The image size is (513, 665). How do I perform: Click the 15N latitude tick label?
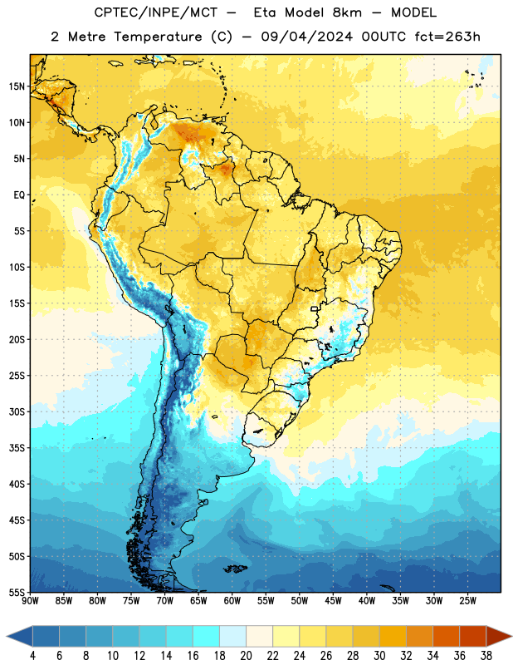(x=17, y=86)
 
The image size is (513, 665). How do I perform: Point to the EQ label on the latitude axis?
(x=19, y=195)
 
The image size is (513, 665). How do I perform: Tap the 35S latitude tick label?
(x=17, y=448)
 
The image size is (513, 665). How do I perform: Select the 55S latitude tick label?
(x=17, y=592)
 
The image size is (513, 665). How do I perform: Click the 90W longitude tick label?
(x=30, y=600)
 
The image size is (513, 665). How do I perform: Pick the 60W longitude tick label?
(x=232, y=600)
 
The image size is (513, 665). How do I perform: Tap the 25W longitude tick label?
(x=467, y=600)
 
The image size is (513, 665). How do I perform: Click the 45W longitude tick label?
(x=333, y=600)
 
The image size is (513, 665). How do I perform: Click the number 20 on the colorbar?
(x=246, y=656)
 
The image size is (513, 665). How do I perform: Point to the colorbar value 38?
(x=486, y=656)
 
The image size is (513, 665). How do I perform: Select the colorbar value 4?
(x=32, y=656)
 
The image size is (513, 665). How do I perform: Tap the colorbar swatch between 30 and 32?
(x=393, y=636)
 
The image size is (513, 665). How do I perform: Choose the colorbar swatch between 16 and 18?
(x=206, y=636)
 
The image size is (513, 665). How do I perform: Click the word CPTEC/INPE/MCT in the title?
(x=156, y=12)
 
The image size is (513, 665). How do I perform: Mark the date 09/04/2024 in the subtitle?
(x=306, y=37)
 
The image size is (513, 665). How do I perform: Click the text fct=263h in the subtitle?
(x=447, y=37)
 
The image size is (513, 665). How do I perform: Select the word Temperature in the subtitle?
(x=158, y=37)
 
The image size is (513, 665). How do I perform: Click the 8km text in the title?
(x=347, y=12)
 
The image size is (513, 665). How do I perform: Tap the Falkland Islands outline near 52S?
(x=235, y=569)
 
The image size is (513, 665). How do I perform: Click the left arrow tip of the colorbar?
(x=7, y=636)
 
